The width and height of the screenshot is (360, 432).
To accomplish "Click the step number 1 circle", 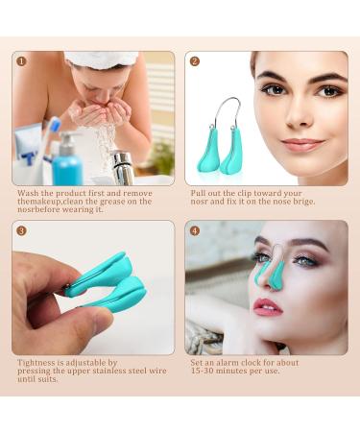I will point(22,61).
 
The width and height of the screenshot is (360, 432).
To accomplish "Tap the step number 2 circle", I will point(195,61).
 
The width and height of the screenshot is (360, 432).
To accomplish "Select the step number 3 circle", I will point(22,231).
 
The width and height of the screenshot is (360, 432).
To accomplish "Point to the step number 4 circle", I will point(195,231).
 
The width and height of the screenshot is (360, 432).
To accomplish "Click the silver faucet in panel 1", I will point(122,164).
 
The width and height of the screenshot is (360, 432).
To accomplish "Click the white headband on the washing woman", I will point(101,60).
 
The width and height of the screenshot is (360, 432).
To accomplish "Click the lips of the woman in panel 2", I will point(302,145).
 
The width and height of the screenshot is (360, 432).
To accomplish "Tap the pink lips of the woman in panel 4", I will point(268,307).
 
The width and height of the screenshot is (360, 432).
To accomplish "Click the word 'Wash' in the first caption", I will point(27,193).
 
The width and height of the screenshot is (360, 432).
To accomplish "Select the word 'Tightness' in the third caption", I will point(36,363).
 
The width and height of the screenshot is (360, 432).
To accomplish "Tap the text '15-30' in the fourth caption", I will point(204,372).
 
